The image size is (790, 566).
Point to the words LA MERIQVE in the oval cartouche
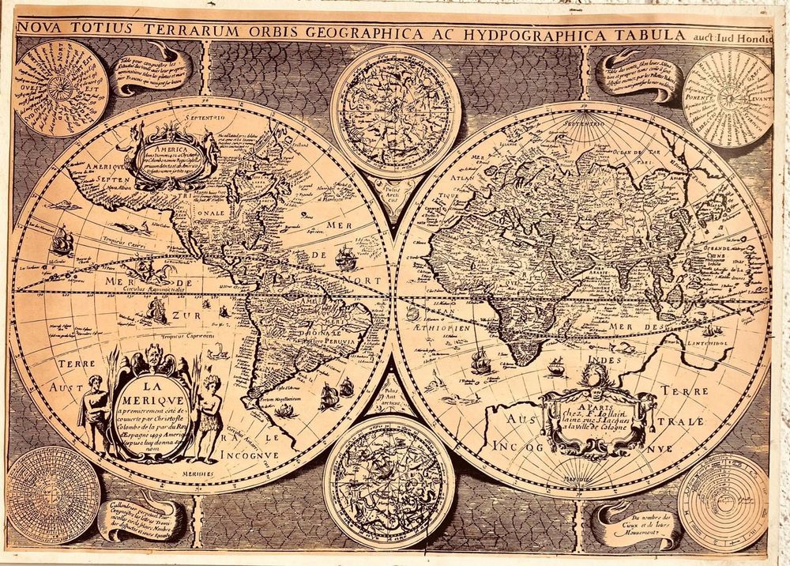[150, 394]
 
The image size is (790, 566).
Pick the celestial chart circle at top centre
[395, 111]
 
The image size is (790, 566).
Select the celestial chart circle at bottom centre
[389, 481]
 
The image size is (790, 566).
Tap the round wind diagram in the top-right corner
[727, 97]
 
